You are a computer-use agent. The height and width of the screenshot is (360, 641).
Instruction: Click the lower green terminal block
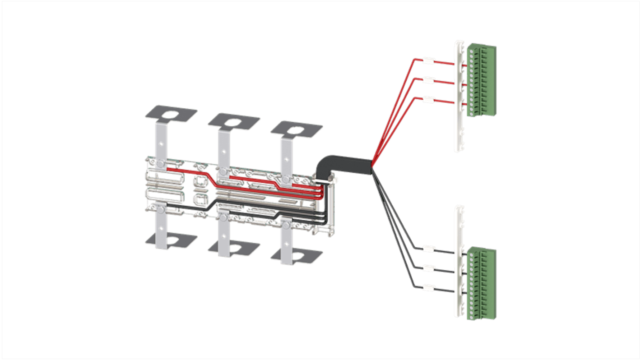(x=481, y=283)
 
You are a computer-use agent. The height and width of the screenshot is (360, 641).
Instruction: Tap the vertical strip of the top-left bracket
(x=161, y=140)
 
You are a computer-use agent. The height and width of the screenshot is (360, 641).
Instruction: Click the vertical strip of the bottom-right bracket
(x=286, y=244)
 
